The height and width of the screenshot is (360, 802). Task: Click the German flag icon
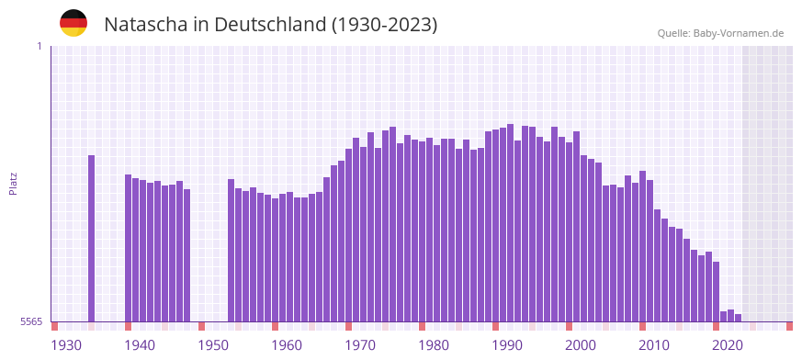73,24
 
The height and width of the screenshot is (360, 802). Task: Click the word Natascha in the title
146,25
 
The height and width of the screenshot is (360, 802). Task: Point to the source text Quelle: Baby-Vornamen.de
720,34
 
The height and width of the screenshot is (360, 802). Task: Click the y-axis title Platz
13,184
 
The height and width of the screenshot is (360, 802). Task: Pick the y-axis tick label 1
39,46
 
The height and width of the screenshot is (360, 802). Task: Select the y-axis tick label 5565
29,322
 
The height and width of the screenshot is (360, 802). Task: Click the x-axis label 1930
66,345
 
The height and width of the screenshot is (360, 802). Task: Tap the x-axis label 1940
140,345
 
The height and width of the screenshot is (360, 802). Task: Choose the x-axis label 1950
213,345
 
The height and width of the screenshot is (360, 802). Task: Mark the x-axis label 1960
287,345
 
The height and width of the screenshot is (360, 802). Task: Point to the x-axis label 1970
360,345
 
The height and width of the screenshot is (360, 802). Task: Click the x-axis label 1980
434,345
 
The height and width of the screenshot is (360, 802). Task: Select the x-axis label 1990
507,345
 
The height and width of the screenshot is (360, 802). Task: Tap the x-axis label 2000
581,345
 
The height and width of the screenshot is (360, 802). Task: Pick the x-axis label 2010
654,345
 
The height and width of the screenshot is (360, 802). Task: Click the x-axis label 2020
728,345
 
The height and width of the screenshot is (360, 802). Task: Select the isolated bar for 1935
92,239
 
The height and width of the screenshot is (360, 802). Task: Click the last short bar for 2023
738,318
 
